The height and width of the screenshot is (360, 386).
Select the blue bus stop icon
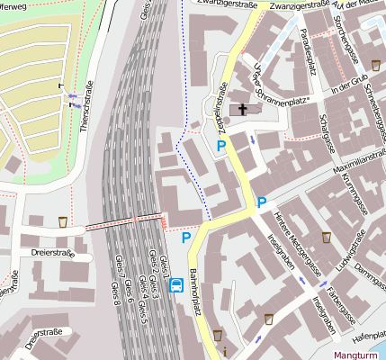pos(177,287)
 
